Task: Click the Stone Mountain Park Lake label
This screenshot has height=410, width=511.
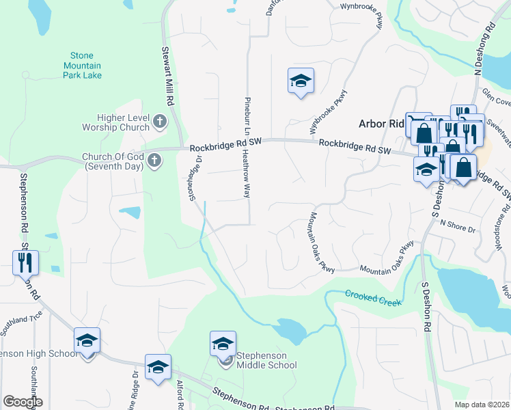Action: tap(87, 65)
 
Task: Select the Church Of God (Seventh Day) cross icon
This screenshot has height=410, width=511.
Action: tap(155, 161)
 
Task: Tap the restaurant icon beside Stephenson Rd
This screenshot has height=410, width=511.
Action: tap(26, 262)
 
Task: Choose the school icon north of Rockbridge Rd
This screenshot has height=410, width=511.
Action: tap(300, 81)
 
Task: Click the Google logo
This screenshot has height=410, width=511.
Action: tap(23, 402)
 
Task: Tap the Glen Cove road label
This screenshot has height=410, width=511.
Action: tap(497, 97)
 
